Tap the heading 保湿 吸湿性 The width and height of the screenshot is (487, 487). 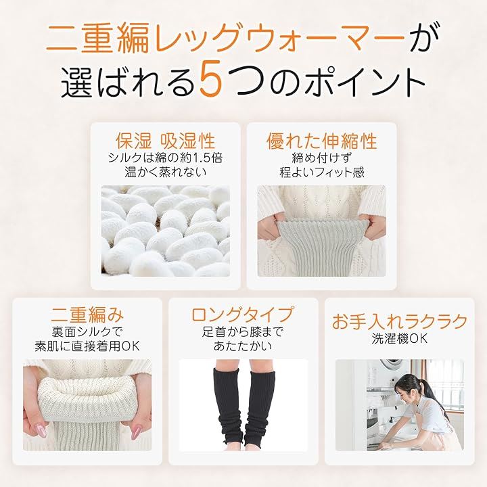tap(166, 141)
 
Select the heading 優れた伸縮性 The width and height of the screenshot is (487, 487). tap(322, 141)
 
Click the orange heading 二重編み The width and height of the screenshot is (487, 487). tap(87, 315)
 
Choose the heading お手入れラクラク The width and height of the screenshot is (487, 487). tap(400, 321)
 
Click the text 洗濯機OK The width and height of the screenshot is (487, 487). tap(400, 339)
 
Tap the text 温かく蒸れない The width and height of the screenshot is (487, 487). tap(166, 172)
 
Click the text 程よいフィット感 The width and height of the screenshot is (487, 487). tap(322, 172)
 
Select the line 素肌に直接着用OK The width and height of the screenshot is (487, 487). tap(87, 346)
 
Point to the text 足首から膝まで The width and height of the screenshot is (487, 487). tap(243, 332)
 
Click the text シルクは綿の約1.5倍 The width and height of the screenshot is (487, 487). tap(166, 158)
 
